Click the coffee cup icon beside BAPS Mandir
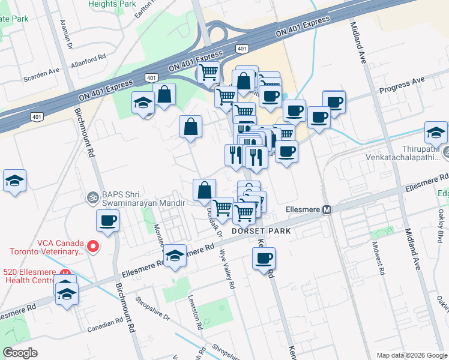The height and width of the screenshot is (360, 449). click(108, 221)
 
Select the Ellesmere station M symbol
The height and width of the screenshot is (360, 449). click(327, 211)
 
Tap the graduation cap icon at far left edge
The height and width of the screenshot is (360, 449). click(14, 181)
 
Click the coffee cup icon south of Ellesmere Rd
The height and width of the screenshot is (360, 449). click(264, 259)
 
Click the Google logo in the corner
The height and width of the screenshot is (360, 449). click(20, 353)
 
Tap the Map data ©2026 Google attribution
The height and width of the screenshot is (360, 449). click(411, 355)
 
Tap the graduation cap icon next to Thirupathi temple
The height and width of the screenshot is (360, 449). click(436, 133)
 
